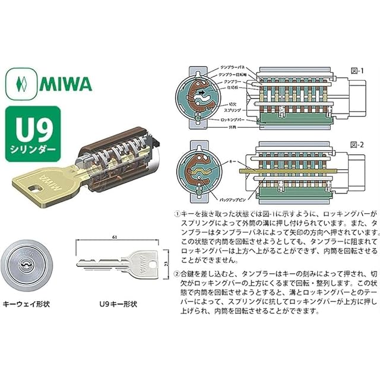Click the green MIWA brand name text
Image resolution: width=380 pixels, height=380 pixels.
[66, 83]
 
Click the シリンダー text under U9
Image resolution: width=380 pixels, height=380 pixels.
[33, 146]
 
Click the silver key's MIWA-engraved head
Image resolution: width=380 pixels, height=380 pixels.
[141, 262]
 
